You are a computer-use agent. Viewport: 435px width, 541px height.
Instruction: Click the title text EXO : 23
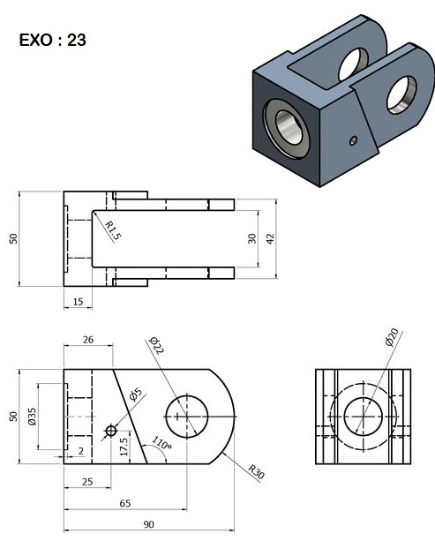point(52,41)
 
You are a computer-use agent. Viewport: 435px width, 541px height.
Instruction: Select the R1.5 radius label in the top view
point(111,230)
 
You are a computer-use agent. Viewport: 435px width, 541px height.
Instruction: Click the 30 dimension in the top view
point(251,237)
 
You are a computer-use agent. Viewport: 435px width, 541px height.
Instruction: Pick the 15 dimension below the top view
point(78,301)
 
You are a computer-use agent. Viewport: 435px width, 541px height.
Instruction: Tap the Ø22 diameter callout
point(157,345)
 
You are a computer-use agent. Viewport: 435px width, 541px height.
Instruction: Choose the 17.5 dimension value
point(123,442)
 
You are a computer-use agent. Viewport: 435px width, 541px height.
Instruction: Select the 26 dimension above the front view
point(87,339)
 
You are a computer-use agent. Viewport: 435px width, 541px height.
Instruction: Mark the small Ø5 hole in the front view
point(110,430)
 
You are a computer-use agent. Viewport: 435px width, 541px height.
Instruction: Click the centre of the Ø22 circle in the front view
point(185,415)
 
